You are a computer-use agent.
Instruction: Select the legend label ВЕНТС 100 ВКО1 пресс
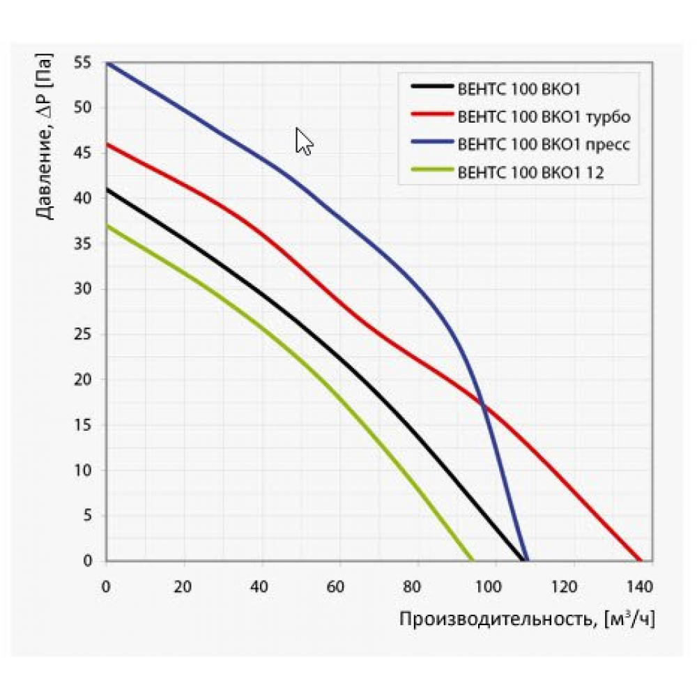pyautogui.click(x=544, y=144)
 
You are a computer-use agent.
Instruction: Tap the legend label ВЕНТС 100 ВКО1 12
pyautogui.click(x=530, y=173)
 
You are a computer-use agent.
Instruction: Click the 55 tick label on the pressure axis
pyautogui.click(x=83, y=63)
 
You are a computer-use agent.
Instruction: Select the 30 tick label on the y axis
pyautogui.click(x=83, y=289)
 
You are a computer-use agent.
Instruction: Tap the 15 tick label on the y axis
pyautogui.click(x=83, y=425)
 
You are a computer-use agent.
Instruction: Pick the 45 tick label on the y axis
pyautogui.click(x=83, y=153)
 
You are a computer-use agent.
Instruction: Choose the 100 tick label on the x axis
pyautogui.click(x=493, y=585)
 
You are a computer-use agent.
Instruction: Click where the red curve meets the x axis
pyautogui.click(x=640, y=560)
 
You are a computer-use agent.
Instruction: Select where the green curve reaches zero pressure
pyautogui.click(x=473, y=560)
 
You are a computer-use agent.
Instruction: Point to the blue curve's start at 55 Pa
pyautogui.click(x=107, y=63)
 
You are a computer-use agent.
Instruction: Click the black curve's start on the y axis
pyautogui.click(x=107, y=189)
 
